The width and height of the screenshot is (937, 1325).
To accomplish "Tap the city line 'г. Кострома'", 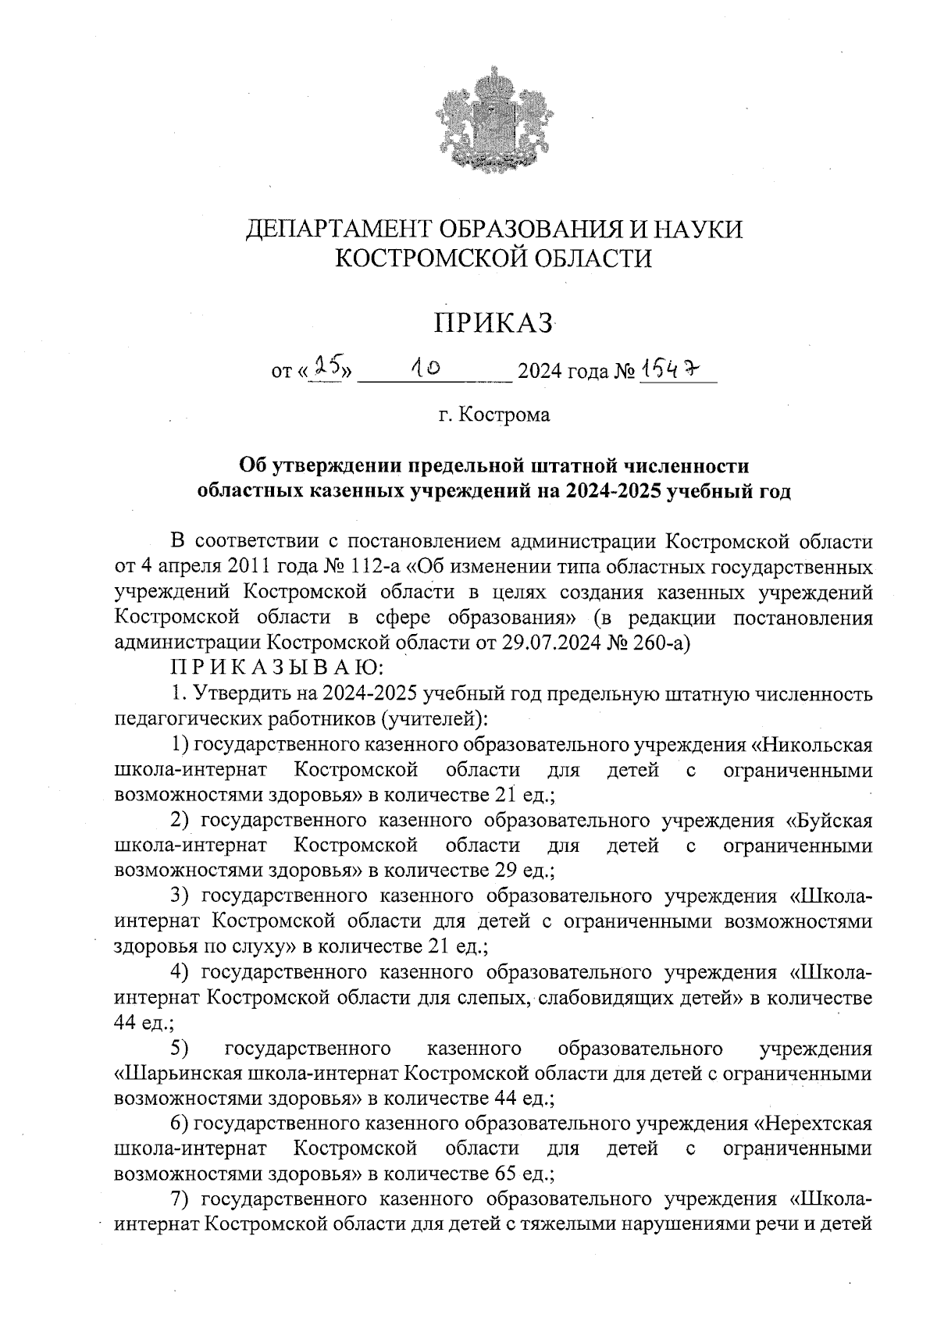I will (x=493, y=415).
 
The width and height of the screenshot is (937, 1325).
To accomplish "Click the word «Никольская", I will (x=816, y=744).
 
